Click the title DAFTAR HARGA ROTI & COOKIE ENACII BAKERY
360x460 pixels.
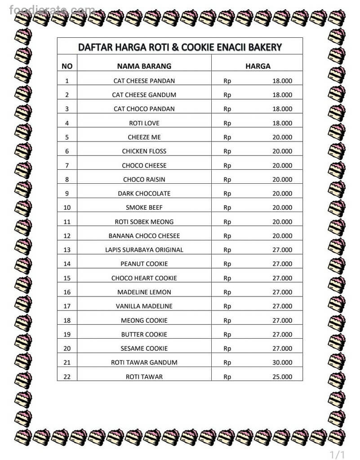click(x=180, y=47)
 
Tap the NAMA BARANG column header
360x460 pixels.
click(x=144, y=66)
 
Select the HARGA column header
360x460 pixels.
click(x=258, y=66)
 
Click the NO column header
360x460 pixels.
click(x=67, y=66)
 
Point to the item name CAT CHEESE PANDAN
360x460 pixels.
click(x=144, y=81)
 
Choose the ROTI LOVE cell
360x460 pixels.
click(x=144, y=123)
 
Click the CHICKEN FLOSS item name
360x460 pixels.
click(x=144, y=151)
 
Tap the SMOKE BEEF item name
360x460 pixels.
click(x=144, y=208)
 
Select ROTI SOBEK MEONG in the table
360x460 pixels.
click(x=144, y=221)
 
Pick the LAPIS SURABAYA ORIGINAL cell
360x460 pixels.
click(x=144, y=250)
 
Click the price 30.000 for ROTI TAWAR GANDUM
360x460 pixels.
click(x=282, y=363)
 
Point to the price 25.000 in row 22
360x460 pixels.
click(x=282, y=376)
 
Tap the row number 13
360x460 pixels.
click(x=67, y=250)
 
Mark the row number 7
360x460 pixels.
click(x=67, y=165)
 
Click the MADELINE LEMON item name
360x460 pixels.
click(x=144, y=292)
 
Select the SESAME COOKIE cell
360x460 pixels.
click(x=144, y=349)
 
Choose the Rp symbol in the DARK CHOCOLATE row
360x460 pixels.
click(x=227, y=194)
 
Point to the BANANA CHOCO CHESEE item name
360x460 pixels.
click(x=144, y=236)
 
